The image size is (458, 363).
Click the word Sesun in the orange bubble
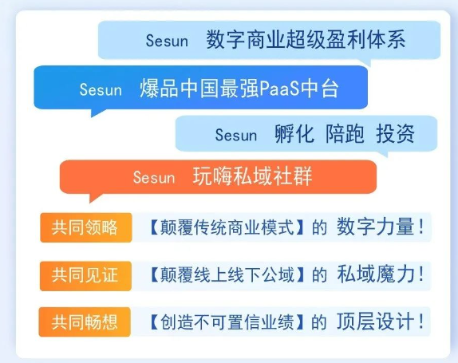click(154, 177)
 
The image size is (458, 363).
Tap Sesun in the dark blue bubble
click(101, 89)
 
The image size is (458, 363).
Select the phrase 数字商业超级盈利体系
click(306, 39)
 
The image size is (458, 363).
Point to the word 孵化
click(294, 134)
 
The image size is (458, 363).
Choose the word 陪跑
click(345, 134)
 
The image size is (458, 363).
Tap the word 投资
click(395, 134)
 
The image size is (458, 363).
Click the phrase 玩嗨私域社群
click(253, 176)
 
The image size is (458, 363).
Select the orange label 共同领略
click(86, 227)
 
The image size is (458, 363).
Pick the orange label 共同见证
click(85, 276)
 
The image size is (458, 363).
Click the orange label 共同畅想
click(85, 322)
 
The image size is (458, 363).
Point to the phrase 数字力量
click(375, 227)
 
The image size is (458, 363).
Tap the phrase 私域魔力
click(376, 274)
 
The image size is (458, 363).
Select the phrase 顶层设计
click(375, 322)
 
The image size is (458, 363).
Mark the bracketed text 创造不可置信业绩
click(227, 322)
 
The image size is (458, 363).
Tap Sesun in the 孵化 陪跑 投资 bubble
click(236, 135)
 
